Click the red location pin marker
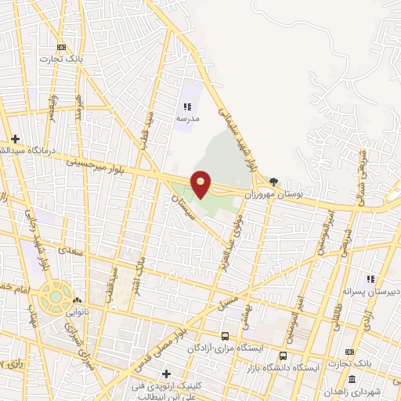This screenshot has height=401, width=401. (x=201, y=183)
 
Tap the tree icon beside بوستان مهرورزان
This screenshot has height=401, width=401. (x=273, y=181)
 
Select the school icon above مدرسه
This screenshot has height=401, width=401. (x=187, y=106)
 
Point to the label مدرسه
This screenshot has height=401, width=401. (x=187, y=117)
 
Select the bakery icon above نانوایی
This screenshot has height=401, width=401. (x=77, y=300)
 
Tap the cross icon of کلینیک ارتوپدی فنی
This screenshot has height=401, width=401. (x=166, y=374)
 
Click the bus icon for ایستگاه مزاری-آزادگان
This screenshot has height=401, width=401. (x=225, y=335)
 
